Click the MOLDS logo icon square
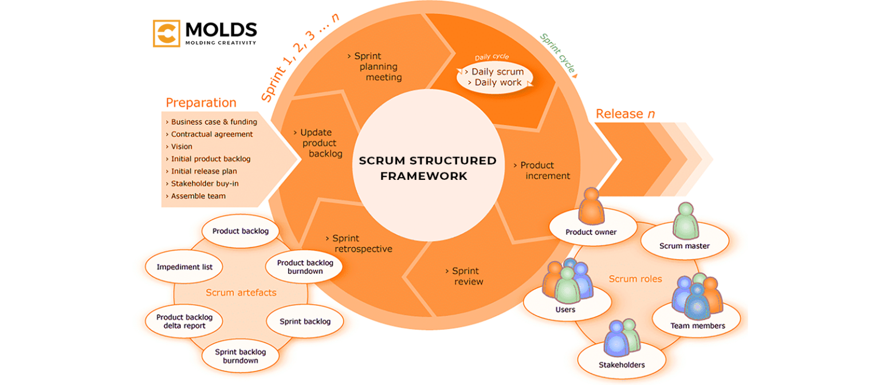pyautogui.click(x=167, y=33)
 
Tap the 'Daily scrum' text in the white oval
pyautogui.click(x=497, y=72)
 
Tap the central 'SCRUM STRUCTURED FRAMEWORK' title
pyautogui.click(x=427, y=168)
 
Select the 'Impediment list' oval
pyautogui.click(x=184, y=267)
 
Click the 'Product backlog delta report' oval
pyautogui.click(x=184, y=321)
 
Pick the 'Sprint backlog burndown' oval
pyautogui.click(x=240, y=356)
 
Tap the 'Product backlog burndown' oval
pyautogui.click(x=305, y=266)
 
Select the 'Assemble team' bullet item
pyautogui.click(x=198, y=196)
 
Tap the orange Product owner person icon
pyautogui.click(x=591, y=207)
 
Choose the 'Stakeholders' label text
pyautogui.click(x=622, y=365)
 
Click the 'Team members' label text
pyautogui.click(x=697, y=326)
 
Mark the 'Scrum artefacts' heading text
pyautogui.click(x=241, y=293)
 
